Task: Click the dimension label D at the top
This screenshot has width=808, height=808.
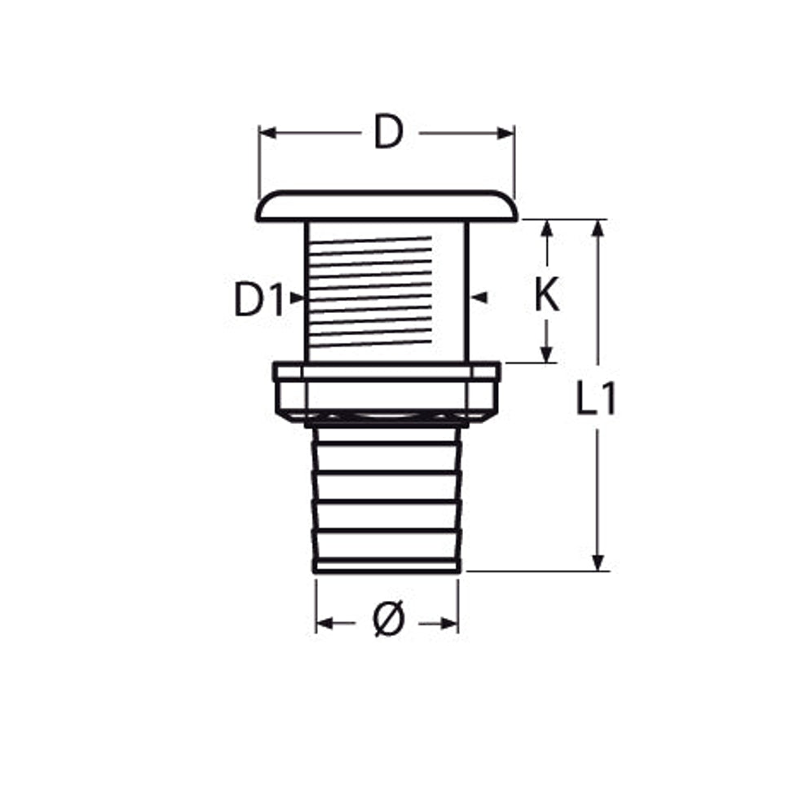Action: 388,133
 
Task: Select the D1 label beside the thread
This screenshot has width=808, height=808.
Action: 259,299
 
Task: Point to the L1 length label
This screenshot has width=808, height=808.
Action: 596,399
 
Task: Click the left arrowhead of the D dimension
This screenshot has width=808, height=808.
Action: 267,133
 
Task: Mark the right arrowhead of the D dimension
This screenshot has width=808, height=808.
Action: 506,134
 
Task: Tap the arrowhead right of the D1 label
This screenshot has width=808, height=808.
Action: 298,298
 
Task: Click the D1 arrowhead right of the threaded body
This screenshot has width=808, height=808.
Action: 479,298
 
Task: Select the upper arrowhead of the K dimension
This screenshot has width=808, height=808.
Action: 547,228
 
